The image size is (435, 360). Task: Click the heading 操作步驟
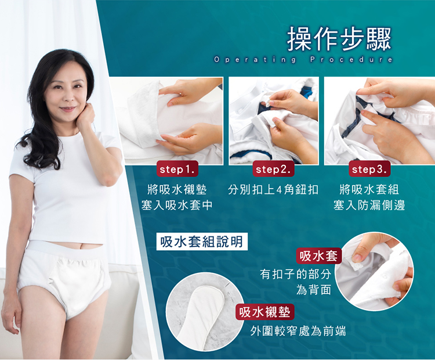click(339, 39)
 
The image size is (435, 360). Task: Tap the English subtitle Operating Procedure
click(303, 60)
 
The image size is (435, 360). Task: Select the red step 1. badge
click(177, 169)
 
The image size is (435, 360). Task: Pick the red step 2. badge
click(273, 169)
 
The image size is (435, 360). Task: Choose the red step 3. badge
click(369, 169)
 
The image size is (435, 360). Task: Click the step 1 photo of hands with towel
click(171, 121)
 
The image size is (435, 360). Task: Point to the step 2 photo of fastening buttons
click(274, 121)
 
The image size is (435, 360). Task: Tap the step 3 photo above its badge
click(379, 121)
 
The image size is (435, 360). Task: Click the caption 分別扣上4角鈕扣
click(273, 190)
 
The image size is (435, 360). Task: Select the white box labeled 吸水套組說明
click(202, 242)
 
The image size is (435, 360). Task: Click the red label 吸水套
click(319, 255)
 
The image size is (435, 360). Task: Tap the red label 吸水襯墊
click(265, 312)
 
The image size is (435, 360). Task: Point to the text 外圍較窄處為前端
click(298, 331)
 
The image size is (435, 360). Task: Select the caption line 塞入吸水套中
click(177, 206)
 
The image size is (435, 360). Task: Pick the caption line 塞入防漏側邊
click(369, 206)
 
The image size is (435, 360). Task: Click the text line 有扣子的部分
click(296, 275)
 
